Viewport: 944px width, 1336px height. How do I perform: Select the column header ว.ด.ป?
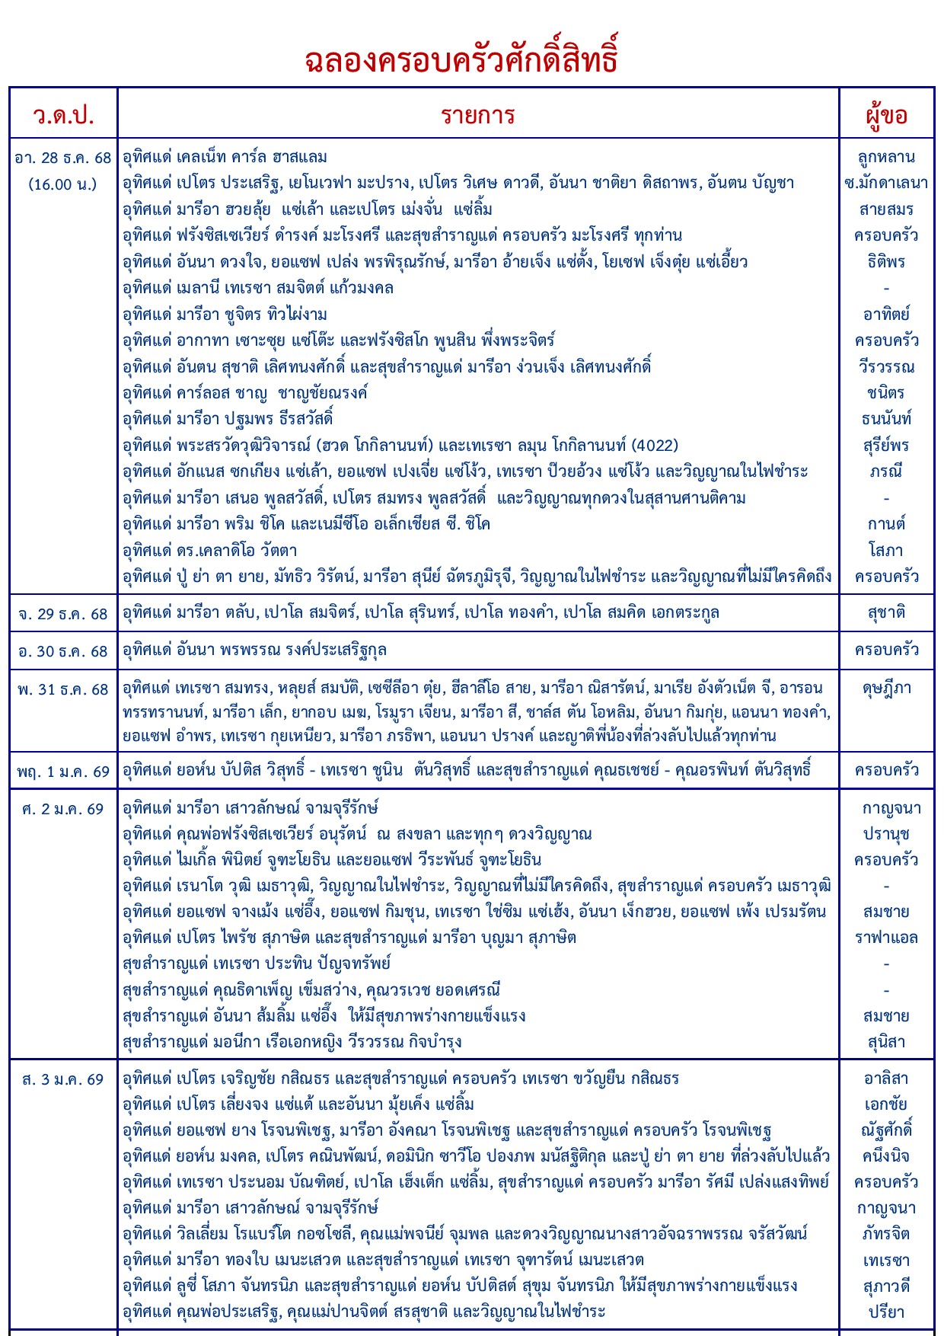(63, 115)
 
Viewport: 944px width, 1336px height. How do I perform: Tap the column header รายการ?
(478, 115)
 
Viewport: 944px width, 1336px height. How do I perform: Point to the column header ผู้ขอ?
(886, 115)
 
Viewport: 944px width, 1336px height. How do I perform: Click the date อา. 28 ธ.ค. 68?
(63, 158)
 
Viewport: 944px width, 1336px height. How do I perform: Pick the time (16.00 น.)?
(63, 184)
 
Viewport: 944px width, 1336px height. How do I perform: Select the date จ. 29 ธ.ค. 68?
(63, 614)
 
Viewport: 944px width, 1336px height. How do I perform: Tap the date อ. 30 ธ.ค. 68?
(63, 651)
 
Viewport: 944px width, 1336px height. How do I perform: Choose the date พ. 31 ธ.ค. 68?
(63, 689)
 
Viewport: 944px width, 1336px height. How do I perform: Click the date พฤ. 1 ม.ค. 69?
(63, 772)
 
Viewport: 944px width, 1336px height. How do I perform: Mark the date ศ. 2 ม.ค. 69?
(63, 809)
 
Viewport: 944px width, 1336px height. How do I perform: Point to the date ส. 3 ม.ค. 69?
(63, 1079)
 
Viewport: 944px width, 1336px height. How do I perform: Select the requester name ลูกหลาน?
(886, 158)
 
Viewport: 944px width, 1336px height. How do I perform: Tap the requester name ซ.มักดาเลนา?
(886, 184)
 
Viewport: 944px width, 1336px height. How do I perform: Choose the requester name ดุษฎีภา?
(886, 689)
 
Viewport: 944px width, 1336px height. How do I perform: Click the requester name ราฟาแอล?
(886, 938)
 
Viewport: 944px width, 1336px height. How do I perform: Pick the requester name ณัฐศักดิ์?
(886, 1130)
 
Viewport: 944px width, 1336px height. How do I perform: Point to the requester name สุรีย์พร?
(886, 446)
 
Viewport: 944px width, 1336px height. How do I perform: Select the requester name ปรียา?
(886, 1312)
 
